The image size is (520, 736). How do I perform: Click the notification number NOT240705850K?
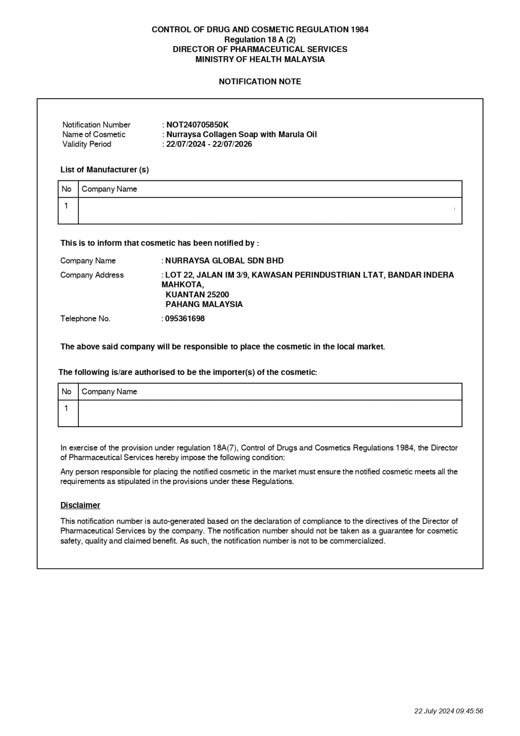click(197, 125)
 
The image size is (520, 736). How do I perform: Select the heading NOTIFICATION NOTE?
click(260, 82)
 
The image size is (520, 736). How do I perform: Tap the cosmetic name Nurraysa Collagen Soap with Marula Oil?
click(241, 134)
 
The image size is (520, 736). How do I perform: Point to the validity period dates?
click(209, 144)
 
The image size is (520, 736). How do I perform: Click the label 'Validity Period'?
click(87, 144)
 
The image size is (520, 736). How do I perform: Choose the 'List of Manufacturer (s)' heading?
click(104, 170)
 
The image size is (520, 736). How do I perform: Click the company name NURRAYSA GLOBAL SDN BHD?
click(224, 261)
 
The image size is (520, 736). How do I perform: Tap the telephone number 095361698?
click(185, 319)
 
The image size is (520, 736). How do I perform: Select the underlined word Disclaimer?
click(80, 505)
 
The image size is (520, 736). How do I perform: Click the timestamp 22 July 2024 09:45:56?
click(449, 711)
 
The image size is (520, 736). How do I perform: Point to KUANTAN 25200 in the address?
click(197, 295)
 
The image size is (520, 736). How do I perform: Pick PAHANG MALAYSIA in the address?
click(204, 304)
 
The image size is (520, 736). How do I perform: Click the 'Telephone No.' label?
click(85, 319)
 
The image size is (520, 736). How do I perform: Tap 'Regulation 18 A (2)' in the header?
click(260, 40)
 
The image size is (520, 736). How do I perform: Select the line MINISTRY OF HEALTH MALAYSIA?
click(260, 60)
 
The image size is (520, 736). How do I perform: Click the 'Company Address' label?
click(92, 275)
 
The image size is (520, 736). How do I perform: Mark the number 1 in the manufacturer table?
click(66, 206)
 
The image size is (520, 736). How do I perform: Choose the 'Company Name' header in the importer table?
click(109, 392)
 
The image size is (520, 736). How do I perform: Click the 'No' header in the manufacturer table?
click(67, 189)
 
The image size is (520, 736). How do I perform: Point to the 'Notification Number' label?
click(96, 125)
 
